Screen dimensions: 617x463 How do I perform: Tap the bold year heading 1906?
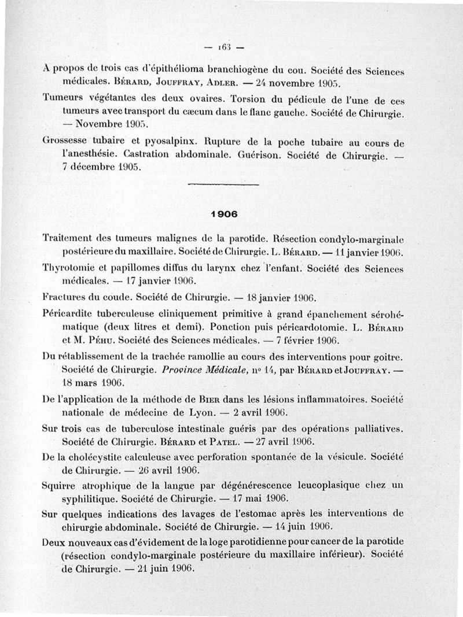tap(223, 213)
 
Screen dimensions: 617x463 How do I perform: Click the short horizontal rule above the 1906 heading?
tap(223, 184)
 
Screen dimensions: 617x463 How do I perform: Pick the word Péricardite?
tap(69, 313)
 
